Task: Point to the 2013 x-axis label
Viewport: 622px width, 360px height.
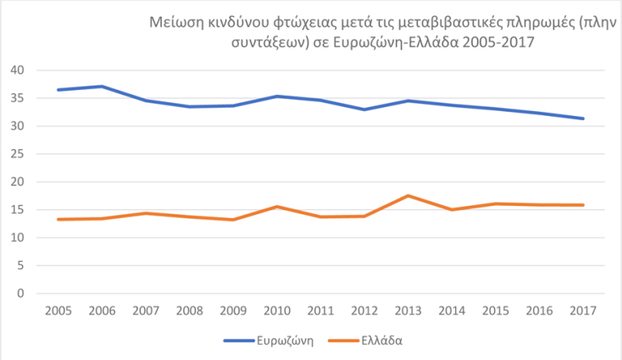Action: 408,311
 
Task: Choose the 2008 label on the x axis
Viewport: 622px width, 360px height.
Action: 188,311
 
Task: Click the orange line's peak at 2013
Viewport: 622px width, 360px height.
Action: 408,196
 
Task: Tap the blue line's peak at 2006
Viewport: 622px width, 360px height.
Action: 100,86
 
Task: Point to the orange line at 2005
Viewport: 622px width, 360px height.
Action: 57,219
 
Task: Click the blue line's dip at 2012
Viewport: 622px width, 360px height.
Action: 364,109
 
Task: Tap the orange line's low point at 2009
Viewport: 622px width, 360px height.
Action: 232,219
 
